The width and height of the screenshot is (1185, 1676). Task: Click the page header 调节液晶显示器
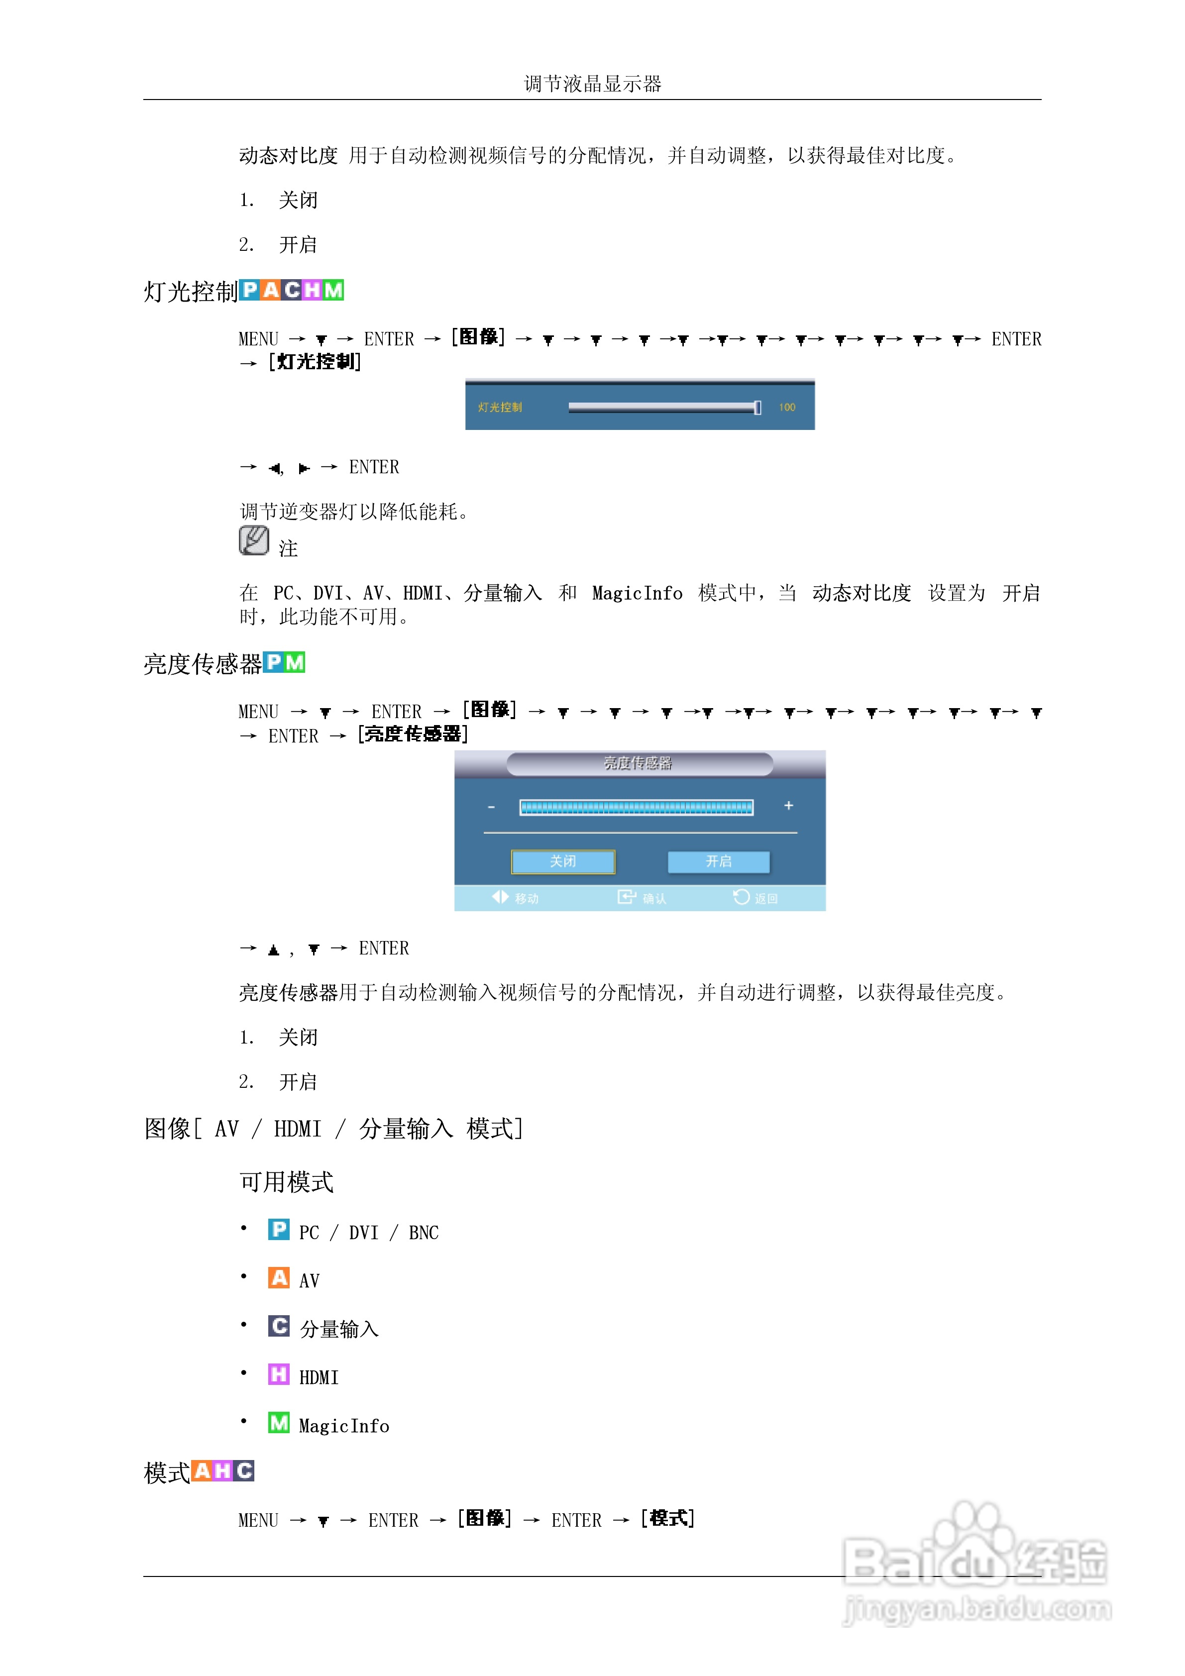[x=592, y=84]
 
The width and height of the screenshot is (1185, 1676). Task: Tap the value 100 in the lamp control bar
[x=786, y=408]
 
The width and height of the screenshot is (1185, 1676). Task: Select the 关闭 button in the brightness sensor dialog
[x=562, y=861]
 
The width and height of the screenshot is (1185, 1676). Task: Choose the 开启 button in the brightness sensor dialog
[x=719, y=861]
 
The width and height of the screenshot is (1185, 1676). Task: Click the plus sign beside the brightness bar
[x=788, y=805]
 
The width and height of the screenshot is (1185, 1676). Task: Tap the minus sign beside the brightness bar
[x=491, y=807]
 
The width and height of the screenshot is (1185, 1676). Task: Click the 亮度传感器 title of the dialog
[x=638, y=763]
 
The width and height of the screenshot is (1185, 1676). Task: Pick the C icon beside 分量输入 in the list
[x=278, y=1326]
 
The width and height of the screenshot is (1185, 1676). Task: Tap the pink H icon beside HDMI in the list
[x=278, y=1374]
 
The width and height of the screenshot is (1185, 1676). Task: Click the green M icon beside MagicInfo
[x=278, y=1423]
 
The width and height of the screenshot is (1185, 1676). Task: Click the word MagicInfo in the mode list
[x=344, y=1426]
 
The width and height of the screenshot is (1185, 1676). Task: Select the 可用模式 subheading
[x=286, y=1182]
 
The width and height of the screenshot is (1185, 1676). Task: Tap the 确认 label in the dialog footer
[x=653, y=899]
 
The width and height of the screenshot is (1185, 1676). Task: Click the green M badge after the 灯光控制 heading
[x=333, y=291]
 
